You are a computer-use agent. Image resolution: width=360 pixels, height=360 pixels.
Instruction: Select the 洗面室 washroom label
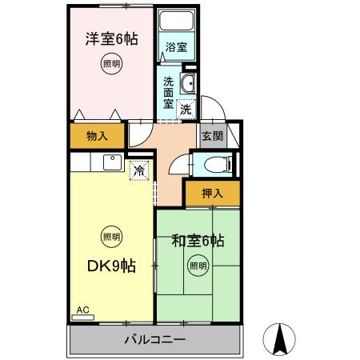[169, 92]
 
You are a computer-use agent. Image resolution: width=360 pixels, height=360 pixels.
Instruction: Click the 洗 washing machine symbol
[186, 109]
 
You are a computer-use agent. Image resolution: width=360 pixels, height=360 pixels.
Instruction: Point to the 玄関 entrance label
[211, 135]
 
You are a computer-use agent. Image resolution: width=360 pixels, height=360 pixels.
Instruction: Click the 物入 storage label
[97, 135]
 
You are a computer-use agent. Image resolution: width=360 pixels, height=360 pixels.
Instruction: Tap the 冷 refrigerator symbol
[138, 170]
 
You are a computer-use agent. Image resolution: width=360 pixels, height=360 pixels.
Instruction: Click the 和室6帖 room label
[198, 239]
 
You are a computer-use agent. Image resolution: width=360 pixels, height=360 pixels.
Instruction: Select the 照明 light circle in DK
[111, 236]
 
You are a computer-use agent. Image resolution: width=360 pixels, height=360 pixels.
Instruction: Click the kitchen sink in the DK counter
[109, 163]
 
